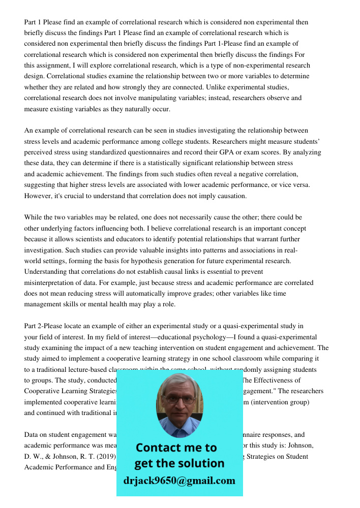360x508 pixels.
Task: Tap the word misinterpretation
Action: coord(50,282)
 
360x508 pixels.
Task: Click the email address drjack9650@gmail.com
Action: coord(179,480)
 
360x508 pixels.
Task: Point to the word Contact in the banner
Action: coord(162,448)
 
